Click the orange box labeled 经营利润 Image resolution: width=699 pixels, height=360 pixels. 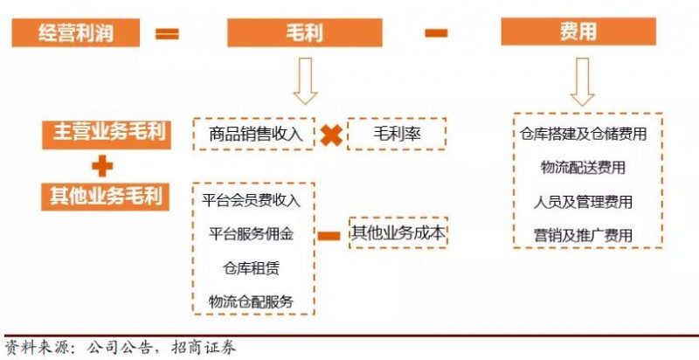pos(76,33)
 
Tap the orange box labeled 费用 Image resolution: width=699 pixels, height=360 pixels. pos(578,33)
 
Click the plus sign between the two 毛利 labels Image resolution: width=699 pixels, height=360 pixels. pos(102,164)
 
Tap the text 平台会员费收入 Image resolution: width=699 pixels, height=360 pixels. pos(251,200)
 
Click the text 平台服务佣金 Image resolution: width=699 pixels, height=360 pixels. pos(251,234)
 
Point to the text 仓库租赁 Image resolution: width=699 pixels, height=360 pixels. pos(251,267)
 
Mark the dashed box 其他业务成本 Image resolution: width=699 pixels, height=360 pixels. pos(398,233)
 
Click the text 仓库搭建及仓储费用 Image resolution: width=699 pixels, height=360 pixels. pos(583,135)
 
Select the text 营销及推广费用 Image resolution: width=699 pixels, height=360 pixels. pos(583,235)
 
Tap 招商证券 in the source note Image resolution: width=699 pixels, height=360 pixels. pos(205,346)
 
